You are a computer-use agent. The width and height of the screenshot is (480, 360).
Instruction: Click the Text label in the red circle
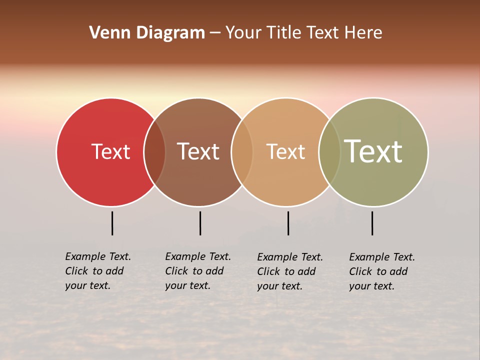(110, 151)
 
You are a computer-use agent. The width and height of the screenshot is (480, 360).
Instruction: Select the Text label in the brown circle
(198, 151)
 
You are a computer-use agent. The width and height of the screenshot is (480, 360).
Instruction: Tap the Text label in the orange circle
(285, 151)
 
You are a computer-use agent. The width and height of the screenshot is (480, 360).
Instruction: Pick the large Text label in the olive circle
(373, 151)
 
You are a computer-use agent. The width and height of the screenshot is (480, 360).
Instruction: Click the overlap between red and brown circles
(154, 151)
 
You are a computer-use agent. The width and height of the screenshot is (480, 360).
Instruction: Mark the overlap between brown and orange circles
(242, 151)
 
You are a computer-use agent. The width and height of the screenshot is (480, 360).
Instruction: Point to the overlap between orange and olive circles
(329, 151)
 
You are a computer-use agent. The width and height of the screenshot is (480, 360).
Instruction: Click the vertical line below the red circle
(112, 223)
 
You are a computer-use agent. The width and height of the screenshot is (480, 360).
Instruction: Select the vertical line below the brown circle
(200, 223)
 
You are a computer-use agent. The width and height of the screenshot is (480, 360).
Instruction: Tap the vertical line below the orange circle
(288, 223)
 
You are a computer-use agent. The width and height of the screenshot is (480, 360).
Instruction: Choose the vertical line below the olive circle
(372, 223)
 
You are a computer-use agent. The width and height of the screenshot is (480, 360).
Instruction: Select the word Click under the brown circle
(176, 271)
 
